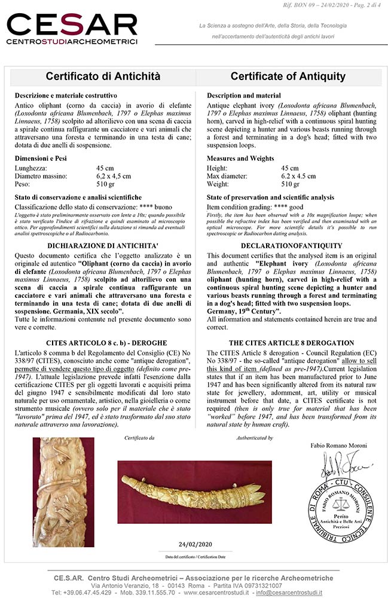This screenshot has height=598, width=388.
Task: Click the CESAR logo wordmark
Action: (x=72, y=28)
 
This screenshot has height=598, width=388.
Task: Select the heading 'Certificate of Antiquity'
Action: (x=288, y=77)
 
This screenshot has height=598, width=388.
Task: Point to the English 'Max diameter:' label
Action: (x=227, y=176)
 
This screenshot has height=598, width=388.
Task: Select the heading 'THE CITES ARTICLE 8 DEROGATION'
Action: (x=292, y=343)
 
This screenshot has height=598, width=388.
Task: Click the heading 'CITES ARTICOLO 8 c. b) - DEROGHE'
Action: (x=103, y=343)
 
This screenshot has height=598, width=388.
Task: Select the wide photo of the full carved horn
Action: (x=195, y=492)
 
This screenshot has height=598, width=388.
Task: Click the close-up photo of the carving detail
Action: (x=63, y=492)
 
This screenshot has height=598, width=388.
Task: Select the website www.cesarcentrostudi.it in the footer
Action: (x=260, y=592)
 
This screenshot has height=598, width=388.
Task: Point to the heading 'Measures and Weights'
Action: (x=241, y=158)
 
